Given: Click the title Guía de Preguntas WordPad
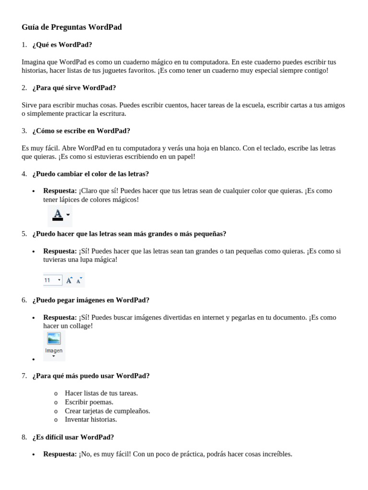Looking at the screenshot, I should click(72, 27).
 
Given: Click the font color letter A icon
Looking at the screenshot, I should click(57, 214).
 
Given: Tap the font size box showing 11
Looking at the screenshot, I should click(52, 280).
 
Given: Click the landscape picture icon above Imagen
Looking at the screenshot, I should click(54, 338).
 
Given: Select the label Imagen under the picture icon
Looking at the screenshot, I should click(54, 350).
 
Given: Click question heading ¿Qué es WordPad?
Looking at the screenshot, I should click(62, 45).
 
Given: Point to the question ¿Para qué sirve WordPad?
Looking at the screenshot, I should click(74, 88).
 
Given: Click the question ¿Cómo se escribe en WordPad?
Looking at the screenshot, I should click(81, 131).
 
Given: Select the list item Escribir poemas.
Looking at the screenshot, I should click(89, 402).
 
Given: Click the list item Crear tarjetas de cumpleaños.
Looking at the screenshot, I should click(107, 411).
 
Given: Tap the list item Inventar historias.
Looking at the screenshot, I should click(91, 419).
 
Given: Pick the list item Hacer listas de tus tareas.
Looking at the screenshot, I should click(102, 393).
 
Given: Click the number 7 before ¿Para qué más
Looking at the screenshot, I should click(23, 376).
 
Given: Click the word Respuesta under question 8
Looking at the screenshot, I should click(60, 454).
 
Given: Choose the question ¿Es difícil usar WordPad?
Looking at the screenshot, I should click(73, 437).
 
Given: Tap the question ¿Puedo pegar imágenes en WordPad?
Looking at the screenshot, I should click(91, 300).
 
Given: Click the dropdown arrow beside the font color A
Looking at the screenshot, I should click(68, 215).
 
